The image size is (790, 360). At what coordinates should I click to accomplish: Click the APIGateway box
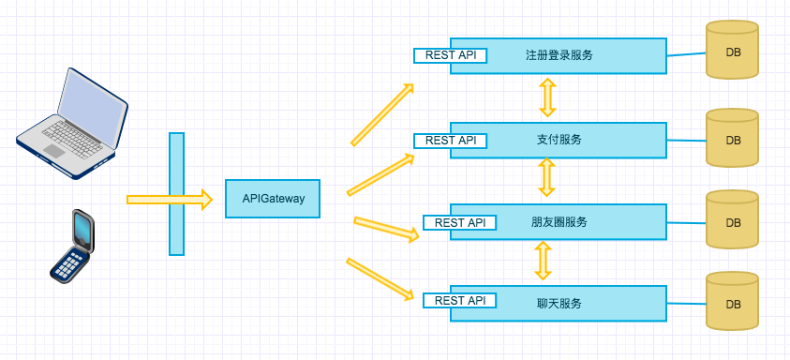coord(273,199)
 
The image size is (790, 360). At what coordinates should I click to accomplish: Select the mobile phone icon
coord(72,245)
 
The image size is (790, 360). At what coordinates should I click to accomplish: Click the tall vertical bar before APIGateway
coord(176,193)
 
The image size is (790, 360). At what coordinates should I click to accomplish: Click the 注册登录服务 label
coord(559,55)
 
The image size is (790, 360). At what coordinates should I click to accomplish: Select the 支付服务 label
coord(559,140)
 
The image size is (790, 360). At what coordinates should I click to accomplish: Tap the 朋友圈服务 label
coord(559,222)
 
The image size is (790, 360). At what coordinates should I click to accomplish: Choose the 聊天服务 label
coord(559,303)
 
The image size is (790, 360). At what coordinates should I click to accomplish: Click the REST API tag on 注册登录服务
coord(451,55)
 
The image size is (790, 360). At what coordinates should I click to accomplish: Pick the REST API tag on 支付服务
coord(451,141)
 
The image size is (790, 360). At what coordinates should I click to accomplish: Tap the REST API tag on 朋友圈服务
coord(460,223)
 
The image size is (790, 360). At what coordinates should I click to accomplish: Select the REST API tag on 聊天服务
coord(460,301)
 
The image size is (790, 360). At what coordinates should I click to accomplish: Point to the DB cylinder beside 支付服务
coord(732,139)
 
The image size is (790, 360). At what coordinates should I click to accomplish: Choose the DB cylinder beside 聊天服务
coord(732,301)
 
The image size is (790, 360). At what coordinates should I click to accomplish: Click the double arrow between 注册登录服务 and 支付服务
coord(547,97)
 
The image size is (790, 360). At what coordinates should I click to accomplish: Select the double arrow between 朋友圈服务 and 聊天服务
coord(542,261)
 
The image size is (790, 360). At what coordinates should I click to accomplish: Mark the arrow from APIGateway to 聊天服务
coord(380,278)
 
